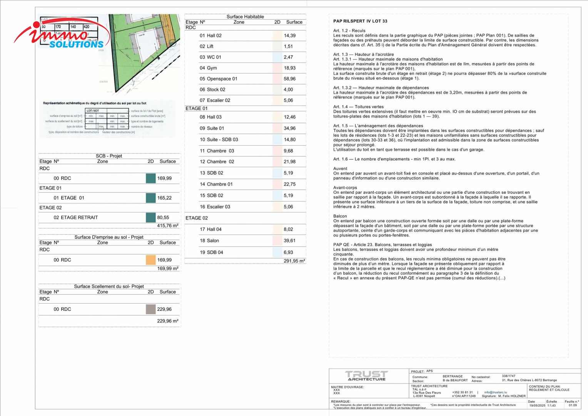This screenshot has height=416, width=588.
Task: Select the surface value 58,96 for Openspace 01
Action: [289, 79]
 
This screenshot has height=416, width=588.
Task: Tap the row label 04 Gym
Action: [208, 68]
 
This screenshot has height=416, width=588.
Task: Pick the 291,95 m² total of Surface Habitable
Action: [294, 261]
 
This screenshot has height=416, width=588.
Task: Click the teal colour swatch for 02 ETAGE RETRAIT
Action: [150, 218]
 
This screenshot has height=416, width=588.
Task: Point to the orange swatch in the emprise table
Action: [150, 260]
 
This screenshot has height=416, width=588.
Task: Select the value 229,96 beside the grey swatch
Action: [164, 309]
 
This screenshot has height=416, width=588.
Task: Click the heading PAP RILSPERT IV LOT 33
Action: [360, 21]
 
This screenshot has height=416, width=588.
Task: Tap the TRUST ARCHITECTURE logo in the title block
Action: [366, 376]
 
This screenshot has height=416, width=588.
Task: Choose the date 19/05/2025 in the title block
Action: [537, 405]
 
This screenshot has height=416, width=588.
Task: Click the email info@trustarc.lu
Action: [495, 393]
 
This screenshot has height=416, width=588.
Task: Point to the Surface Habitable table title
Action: [245, 17]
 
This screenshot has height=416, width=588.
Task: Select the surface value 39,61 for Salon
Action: [289, 241]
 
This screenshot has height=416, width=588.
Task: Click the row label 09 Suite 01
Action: [212, 128]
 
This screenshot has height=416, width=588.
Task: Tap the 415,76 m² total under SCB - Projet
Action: [167, 226]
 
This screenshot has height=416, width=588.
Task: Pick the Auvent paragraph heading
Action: [340, 169]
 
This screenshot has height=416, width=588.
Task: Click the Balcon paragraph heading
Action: [340, 216]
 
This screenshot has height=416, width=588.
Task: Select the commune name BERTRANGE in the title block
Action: [453, 376]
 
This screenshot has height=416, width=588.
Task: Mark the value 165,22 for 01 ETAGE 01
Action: [164, 198]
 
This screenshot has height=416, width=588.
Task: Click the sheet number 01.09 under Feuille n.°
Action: [573, 405]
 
